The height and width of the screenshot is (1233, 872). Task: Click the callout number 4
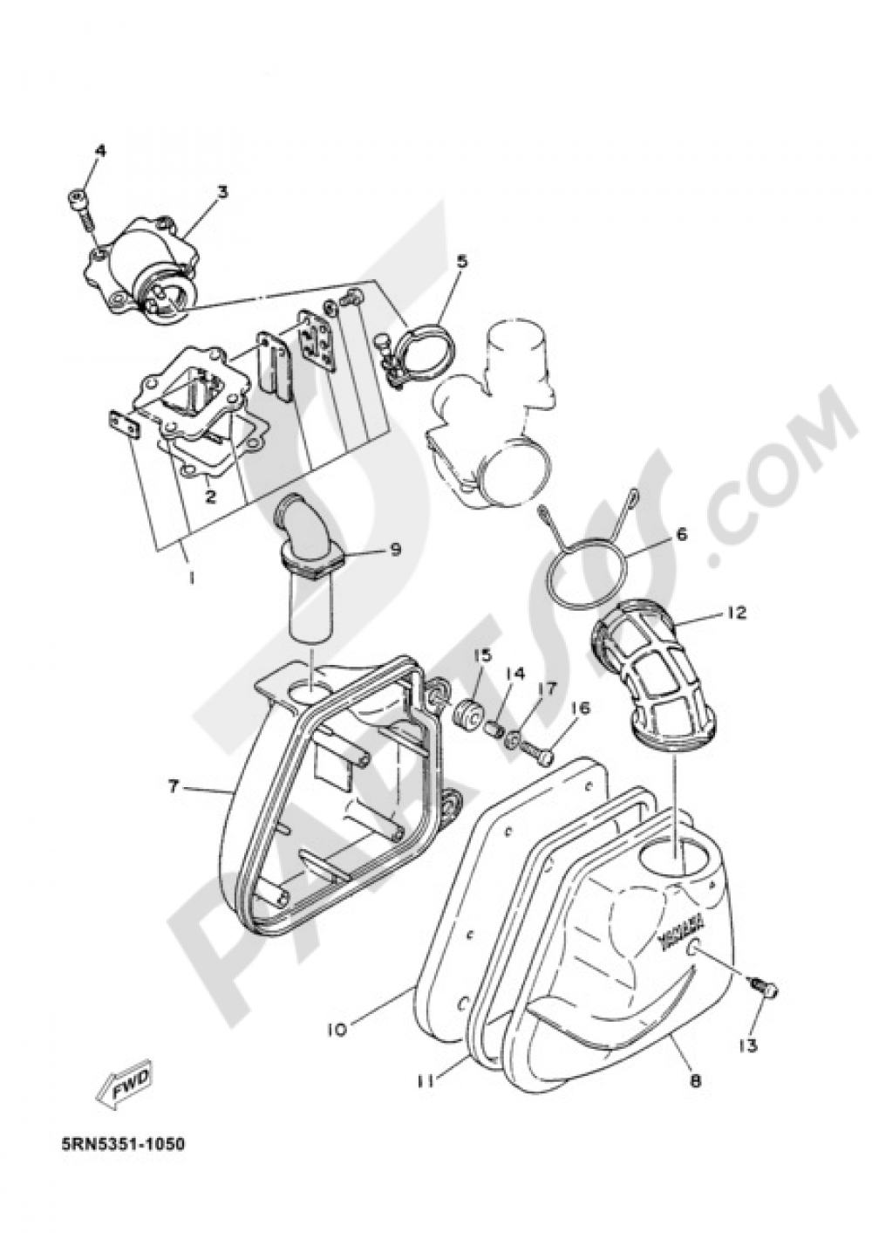(100, 151)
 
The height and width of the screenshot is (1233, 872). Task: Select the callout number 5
(461, 260)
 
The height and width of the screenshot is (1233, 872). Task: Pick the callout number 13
(752, 1045)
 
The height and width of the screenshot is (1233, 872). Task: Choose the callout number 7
(174, 786)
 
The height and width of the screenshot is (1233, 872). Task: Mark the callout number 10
(337, 1029)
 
